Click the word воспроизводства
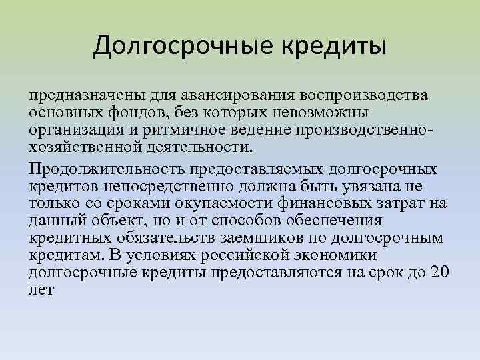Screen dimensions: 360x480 (364, 96)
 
